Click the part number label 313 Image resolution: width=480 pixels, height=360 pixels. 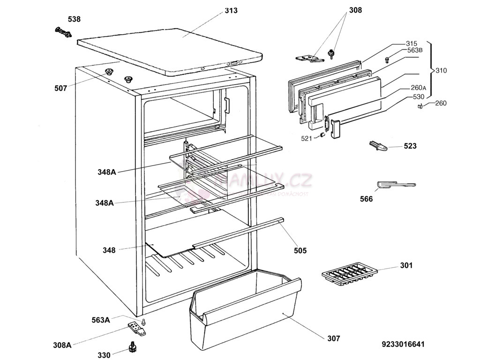231,10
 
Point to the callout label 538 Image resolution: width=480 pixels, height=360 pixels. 74,19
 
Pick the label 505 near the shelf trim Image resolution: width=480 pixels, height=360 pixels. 300,251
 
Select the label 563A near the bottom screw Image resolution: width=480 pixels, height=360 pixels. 101,320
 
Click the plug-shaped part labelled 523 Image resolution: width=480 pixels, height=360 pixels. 379,146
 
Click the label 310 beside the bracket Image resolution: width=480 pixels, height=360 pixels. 441,71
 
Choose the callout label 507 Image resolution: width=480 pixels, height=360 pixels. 60,88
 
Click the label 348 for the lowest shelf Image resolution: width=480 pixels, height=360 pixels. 109,250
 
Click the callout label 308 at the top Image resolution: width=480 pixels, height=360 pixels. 355,10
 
